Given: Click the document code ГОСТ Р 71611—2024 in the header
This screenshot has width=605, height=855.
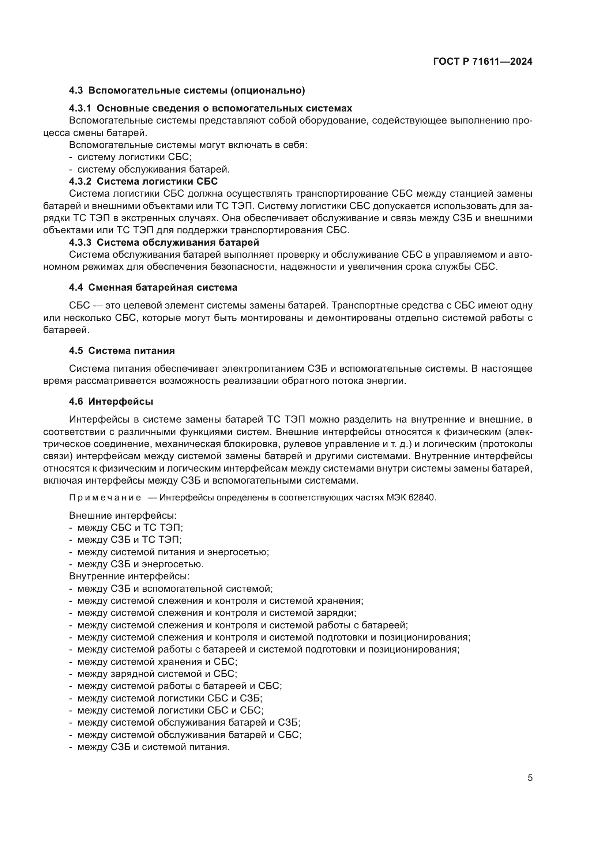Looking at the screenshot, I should pyautogui.click(x=483, y=62).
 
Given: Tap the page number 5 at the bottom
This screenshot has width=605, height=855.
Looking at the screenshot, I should pyautogui.click(x=530, y=778).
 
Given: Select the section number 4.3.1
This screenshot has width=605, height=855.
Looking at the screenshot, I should pyautogui.click(x=80, y=108).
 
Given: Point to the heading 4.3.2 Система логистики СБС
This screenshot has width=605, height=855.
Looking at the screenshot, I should pyautogui.click(x=143, y=182).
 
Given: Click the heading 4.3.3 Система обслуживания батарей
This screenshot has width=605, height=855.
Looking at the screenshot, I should pyautogui.click(x=164, y=243).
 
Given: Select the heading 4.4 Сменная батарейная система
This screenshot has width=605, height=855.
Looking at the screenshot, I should pyautogui.click(x=153, y=287).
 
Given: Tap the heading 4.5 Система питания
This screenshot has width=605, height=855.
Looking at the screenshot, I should pyautogui.click(x=122, y=351).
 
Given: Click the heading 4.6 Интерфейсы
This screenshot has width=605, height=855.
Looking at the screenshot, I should pyautogui.click(x=111, y=401).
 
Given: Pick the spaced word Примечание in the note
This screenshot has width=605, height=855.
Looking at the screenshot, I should pyautogui.click(x=105, y=498).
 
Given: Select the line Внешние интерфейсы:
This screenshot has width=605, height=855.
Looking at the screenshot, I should pyautogui.click(x=123, y=516).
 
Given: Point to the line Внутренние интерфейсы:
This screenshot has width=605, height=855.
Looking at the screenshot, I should pyautogui.click(x=129, y=576).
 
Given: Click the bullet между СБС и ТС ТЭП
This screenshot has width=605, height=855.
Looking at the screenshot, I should pyautogui.click(x=130, y=528).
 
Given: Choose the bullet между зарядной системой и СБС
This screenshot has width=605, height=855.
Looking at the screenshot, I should pyautogui.click(x=157, y=674).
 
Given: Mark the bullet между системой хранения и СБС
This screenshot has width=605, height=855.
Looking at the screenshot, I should pyautogui.click(x=157, y=662).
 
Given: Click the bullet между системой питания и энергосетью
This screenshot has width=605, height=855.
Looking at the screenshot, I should pyautogui.click(x=173, y=552).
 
